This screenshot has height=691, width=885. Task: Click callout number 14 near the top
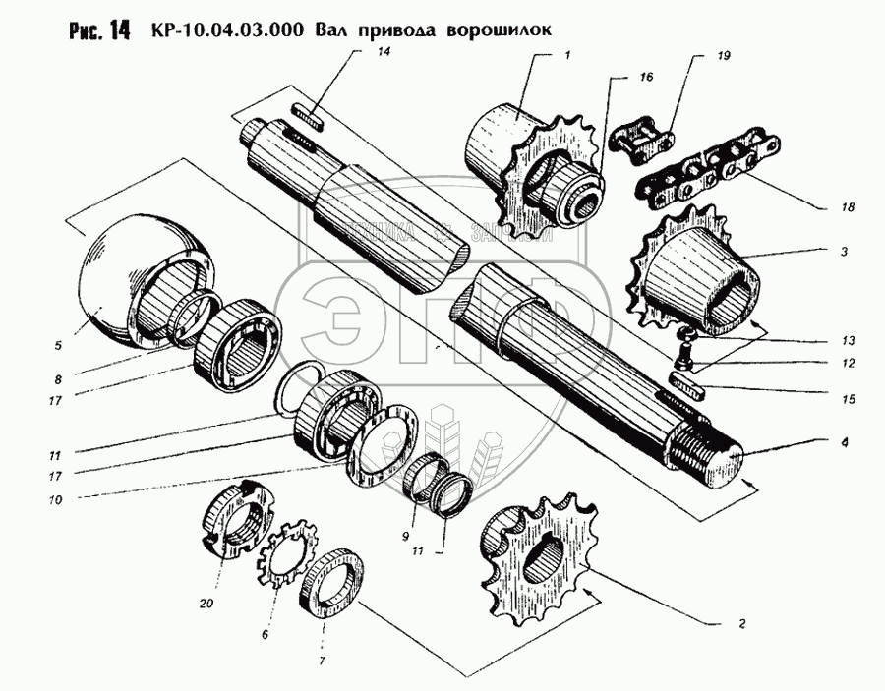[x=385, y=52]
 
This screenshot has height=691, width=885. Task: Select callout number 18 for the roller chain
[x=849, y=207]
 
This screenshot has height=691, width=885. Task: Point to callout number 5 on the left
[x=58, y=345]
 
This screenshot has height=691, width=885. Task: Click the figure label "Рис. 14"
[x=100, y=29]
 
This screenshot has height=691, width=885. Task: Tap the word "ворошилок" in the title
[x=498, y=29]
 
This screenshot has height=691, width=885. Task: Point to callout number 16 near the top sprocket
[x=645, y=75]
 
